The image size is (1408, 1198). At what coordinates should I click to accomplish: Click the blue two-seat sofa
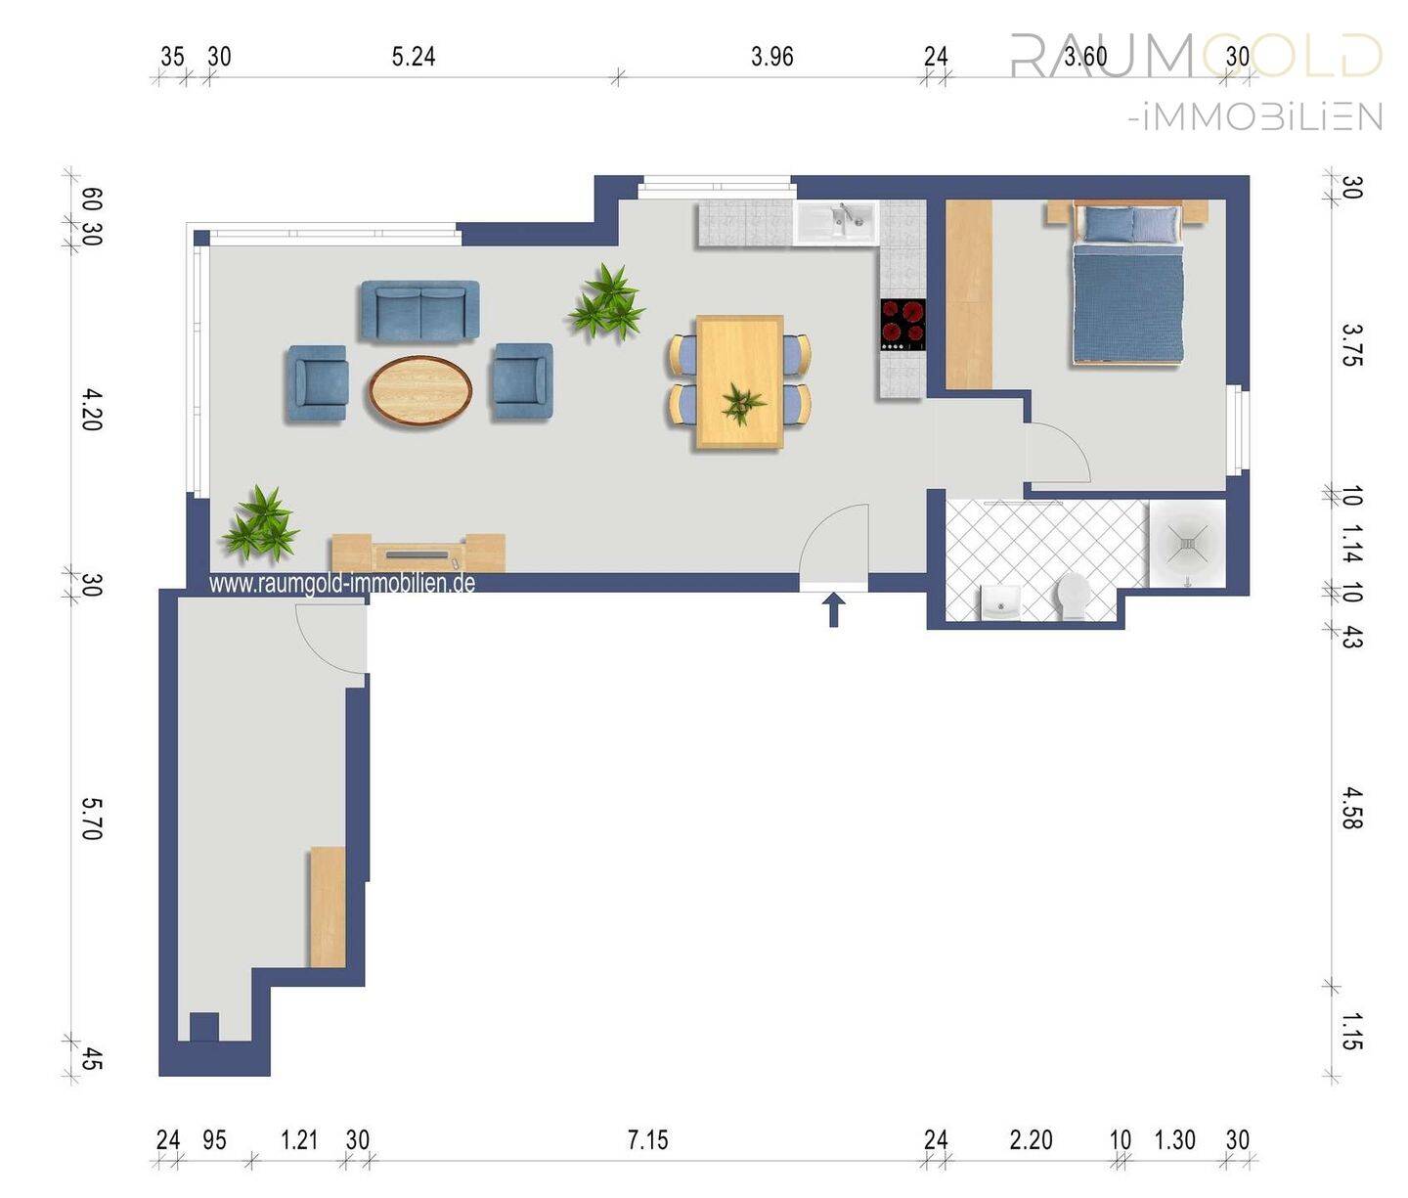click(419, 311)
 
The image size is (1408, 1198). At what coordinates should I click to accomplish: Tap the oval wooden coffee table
click(420, 391)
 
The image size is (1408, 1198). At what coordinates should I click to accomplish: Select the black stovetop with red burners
click(902, 325)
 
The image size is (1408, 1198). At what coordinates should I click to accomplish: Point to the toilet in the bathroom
click(1073, 596)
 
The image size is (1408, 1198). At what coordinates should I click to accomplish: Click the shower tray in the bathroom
click(1187, 544)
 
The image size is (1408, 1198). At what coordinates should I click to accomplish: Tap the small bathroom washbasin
click(1000, 602)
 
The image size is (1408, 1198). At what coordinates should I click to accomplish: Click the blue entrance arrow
click(834, 609)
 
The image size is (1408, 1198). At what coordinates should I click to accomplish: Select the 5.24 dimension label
click(414, 57)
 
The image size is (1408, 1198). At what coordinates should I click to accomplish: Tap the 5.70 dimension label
click(92, 819)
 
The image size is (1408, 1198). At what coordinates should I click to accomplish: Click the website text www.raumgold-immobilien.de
click(342, 584)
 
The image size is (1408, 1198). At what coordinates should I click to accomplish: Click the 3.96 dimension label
click(771, 57)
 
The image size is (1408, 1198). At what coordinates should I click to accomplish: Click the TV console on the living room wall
click(418, 553)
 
